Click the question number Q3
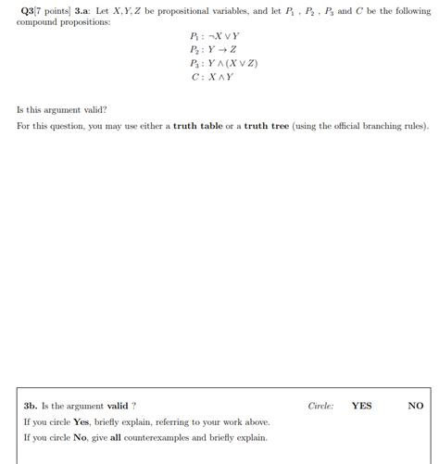click(x=27, y=10)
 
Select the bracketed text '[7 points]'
click(x=53, y=10)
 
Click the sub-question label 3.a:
click(x=84, y=10)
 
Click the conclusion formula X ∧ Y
click(x=221, y=77)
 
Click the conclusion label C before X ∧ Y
click(x=194, y=77)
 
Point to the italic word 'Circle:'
click(x=320, y=405)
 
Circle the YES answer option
click(x=361, y=405)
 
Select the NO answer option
click(x=415, y=405)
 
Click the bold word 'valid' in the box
click(x=118, y=405)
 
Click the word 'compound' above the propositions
click(x=40, y=21)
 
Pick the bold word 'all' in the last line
click(x=115, y=437)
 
